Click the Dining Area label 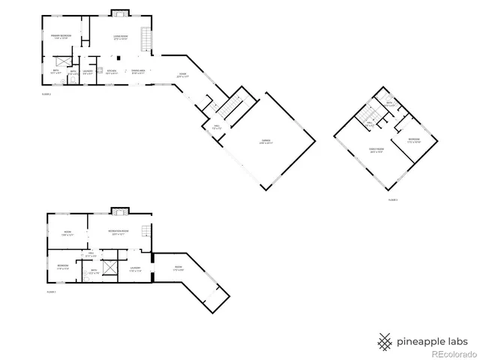(138, 72)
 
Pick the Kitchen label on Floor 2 (111, 72)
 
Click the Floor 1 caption (52, 291)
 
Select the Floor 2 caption (46, 92)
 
